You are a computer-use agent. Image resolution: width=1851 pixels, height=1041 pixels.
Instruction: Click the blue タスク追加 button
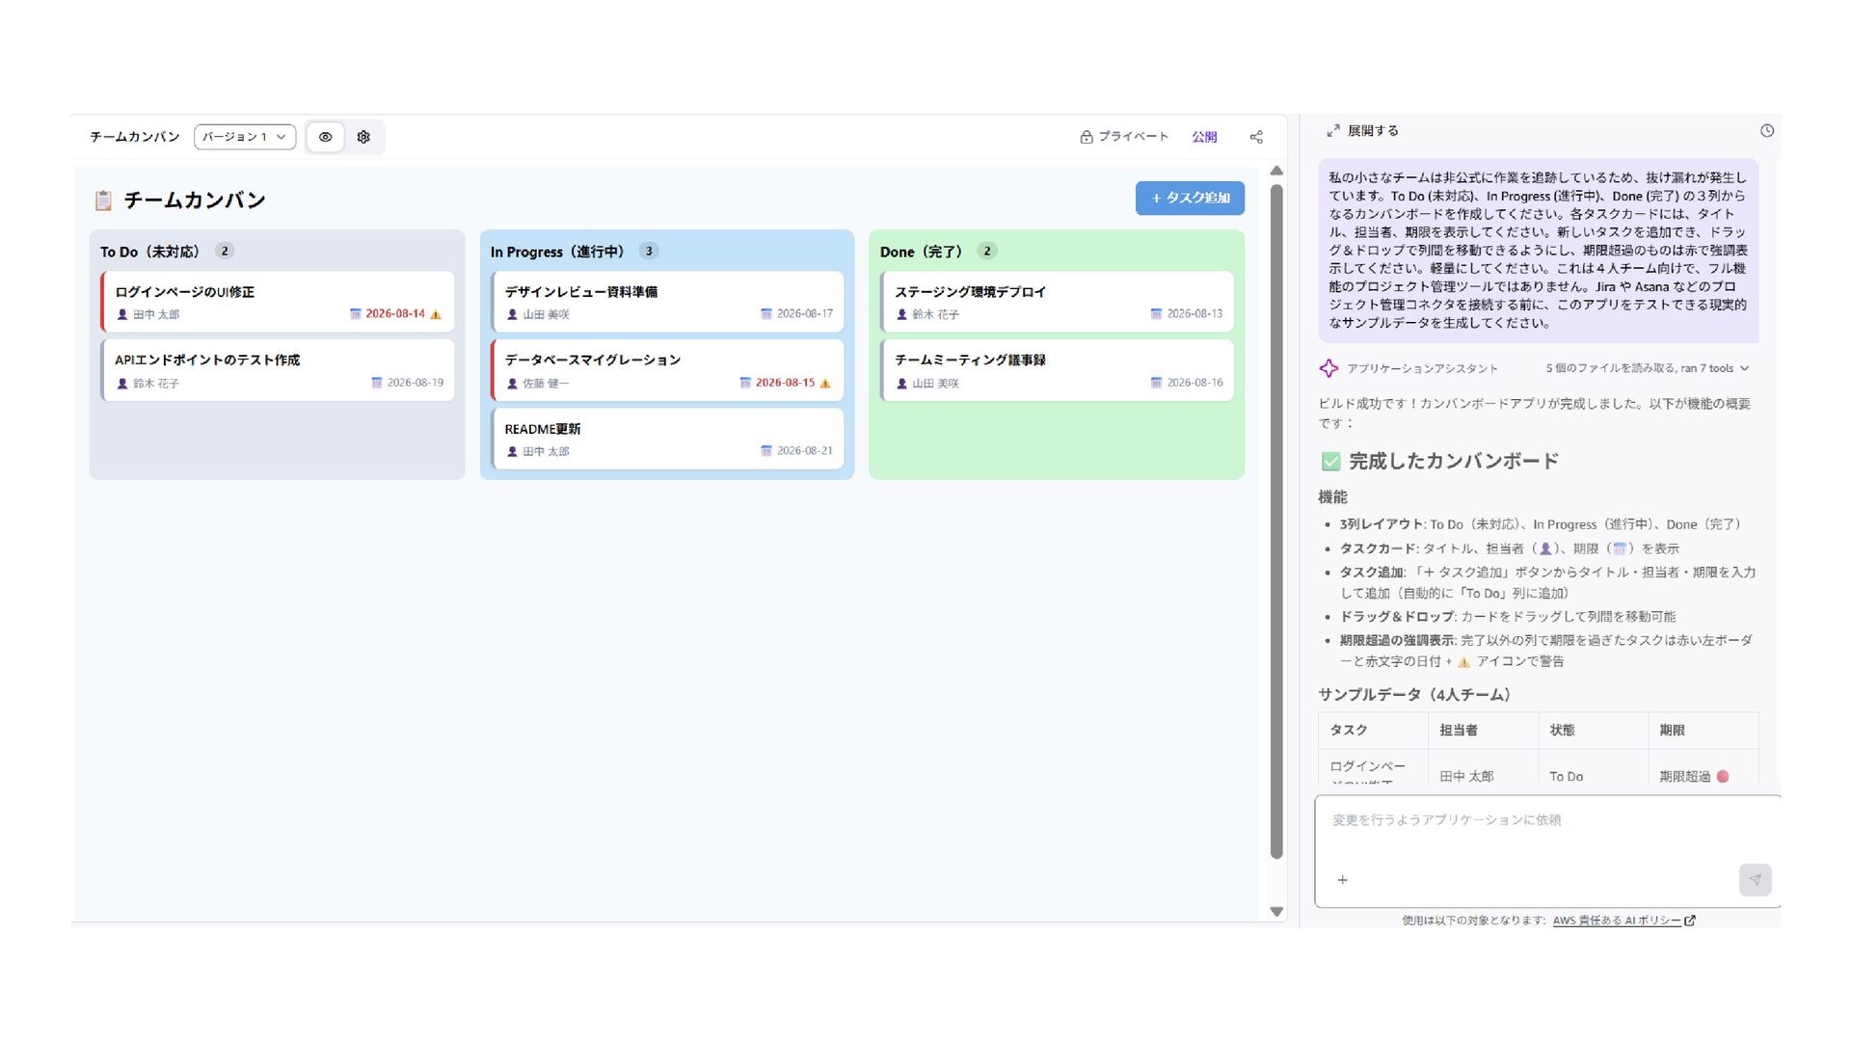click(1190, 198)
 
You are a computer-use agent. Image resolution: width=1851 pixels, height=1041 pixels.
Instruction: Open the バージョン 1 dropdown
click(245, 137)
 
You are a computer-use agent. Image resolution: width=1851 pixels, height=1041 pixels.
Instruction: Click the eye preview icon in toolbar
click(326, 137)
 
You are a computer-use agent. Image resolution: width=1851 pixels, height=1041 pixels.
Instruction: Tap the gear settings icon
click(363, 137)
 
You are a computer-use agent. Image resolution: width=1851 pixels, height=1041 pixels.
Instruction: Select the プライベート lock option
click(1124, 137)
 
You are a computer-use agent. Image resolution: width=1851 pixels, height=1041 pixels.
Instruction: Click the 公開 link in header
click(1204, 137)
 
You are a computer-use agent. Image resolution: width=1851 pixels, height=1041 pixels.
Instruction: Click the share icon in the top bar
click(1256, 137)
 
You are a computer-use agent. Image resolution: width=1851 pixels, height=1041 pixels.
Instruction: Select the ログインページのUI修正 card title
click(185, 292)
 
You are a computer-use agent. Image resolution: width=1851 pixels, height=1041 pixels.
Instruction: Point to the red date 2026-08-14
click(395, 313)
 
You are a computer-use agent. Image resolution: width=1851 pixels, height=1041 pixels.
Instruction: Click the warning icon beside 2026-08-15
click(825, 383)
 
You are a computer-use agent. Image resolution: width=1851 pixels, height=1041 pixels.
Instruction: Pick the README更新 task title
click(543, 429)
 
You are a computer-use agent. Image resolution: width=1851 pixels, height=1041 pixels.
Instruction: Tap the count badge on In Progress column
click(649, 251)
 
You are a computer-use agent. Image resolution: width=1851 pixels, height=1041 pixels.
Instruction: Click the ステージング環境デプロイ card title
click(971, 292)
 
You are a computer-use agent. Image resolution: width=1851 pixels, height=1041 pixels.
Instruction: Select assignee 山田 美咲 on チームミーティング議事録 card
click(935, 384)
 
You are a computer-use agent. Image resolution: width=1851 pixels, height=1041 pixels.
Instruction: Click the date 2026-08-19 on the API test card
click(416, 383)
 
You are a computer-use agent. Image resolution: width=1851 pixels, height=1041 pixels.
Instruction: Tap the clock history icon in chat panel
click(1767, 131)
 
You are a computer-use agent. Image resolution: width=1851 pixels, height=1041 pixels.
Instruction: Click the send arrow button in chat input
click(1756, 880)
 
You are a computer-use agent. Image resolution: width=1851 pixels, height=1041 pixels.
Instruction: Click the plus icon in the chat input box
click(1343, 880)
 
